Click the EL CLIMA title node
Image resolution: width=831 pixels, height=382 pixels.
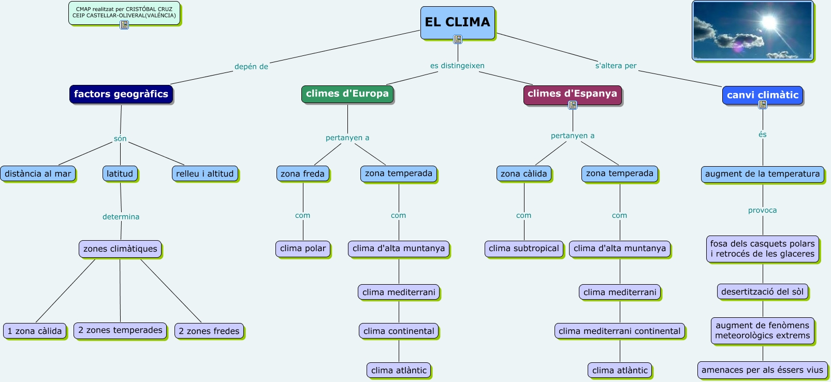click(457, 22)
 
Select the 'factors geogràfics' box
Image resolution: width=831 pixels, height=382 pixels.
click(121, 94)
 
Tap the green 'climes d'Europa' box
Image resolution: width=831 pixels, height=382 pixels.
click(347, 94)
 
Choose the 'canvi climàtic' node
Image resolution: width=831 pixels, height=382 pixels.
click(762, 95)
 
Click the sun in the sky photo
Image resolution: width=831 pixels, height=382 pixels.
click(769, 22)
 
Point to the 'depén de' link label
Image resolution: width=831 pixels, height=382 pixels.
click(251, 67)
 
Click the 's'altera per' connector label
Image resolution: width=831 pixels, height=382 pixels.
click(616, 66)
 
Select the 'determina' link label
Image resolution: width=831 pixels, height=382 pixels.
click(121, 217)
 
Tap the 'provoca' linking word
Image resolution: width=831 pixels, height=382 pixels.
click(762, 210)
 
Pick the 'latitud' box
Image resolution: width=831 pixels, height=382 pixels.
click(120, 174)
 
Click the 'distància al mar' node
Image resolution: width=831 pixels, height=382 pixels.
click(38, 174)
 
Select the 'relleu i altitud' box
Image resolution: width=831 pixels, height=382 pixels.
click(205, 174)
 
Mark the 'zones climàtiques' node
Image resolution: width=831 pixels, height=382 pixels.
click(120, 249)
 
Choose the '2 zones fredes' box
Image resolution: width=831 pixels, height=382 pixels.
click(209, 331)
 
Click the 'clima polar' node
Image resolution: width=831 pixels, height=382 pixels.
click(303, 248)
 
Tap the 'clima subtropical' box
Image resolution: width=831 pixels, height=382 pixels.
click(523, 248)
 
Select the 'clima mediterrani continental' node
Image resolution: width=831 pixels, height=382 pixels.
click(619, 331)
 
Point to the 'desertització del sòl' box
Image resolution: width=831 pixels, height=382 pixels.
click(762, 292)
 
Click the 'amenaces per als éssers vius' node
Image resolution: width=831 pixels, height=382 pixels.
click(762, 370)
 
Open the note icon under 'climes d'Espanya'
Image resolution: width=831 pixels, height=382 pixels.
click(573, 105)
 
